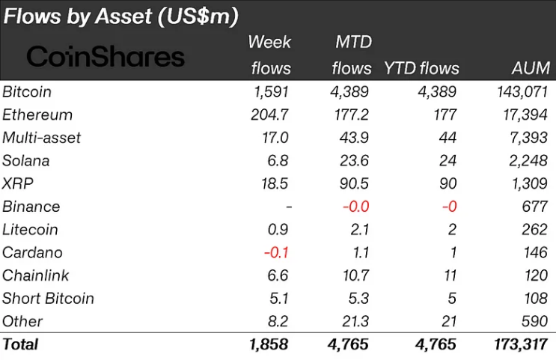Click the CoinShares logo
pyautogui.click(x=105, y=57)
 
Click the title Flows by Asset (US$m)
pyautogui.click(x=121, y=16)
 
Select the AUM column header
pyautogui.click(x=529, y=68)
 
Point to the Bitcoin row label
pyautogui.click(x=27, y=91)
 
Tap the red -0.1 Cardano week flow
pyautogui.click(x=277, y=252)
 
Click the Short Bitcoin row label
pyautogui.click(x=49, y=298)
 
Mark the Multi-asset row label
pyautogui.click(x=42, y=138)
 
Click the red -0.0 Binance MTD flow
pyautogui.click(x=354, y=207)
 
